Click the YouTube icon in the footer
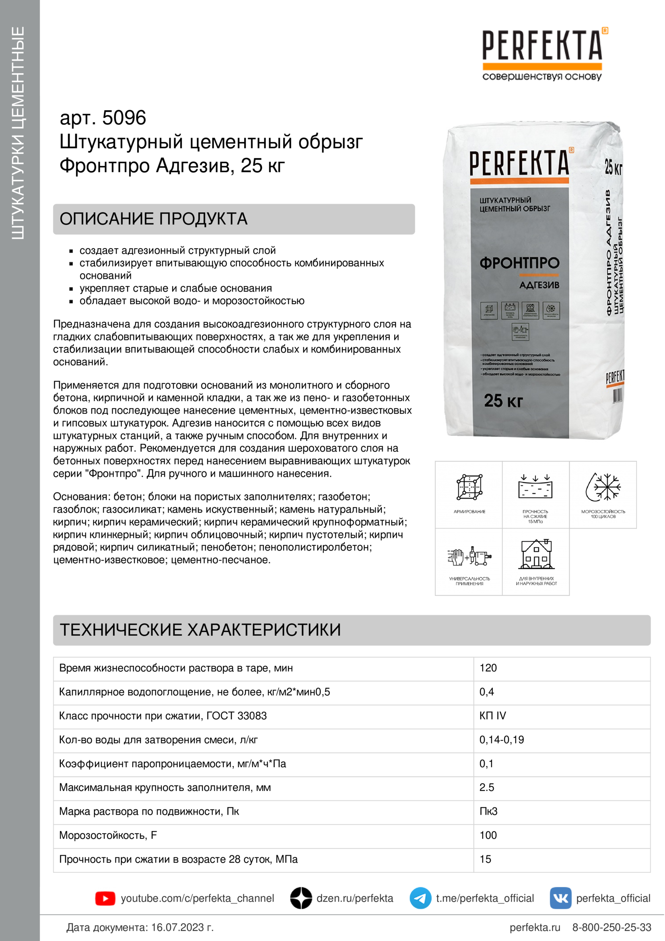tap(105, 898)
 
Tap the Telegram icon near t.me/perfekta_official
tap(420, 898)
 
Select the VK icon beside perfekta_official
tap(560, 898)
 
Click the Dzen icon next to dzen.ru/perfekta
tap(301, 898)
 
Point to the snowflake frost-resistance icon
tap(603, 487)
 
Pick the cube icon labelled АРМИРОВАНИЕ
tap(469, 487)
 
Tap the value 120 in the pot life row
tap(488, 668)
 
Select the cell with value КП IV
tap(492, 716)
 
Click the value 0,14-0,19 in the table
tap(502, 740)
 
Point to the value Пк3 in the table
tap(488, 811)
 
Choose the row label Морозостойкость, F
tap(108, 835)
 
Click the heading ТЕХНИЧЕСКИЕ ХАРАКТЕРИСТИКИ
tap(200, 630)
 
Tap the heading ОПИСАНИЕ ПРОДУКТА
tap(153, 219)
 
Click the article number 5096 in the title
tap(124, 118)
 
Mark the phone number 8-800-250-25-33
tap(611, 927)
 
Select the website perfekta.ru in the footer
tap(534, 927)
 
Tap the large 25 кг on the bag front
tap(503, 400)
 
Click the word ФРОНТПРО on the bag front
tap(519, 263)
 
